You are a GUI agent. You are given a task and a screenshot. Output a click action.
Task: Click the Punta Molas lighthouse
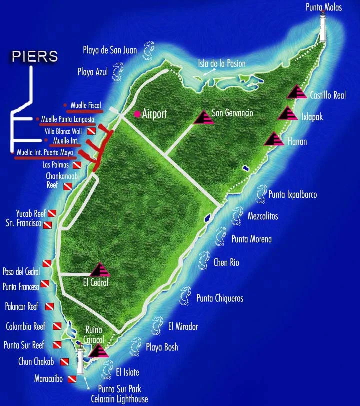point(323,27)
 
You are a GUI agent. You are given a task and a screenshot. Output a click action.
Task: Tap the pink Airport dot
point(137,114)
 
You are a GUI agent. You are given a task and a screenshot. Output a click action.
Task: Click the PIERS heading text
point(33,56)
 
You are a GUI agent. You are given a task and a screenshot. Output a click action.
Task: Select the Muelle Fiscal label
point(86,105)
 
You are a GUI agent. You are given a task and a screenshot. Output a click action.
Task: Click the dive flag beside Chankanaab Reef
point(67,186)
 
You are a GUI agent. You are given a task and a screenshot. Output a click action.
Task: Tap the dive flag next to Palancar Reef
point(49,306)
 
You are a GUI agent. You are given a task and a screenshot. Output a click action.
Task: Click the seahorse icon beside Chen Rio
point(203,260)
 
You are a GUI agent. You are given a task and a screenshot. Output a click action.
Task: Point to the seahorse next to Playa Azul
point(118,71)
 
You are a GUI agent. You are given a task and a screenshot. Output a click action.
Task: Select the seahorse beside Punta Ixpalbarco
point(260,194)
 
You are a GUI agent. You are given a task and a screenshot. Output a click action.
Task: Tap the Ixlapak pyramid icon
point(287,113)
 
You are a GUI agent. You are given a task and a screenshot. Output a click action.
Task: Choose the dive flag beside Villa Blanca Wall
point(91,131)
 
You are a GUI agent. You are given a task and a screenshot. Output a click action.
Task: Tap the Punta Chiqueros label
point(220,298)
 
